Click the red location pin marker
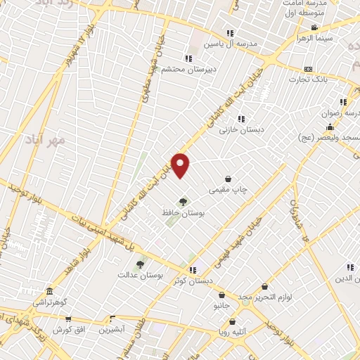[x=181, y=165]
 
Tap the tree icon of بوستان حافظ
[x=183, y=202]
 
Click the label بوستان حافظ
[x=183, y=212]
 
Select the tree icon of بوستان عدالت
[x=140, y=264]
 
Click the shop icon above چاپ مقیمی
[x=229, y=179]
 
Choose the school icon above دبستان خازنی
[x=242, y=118]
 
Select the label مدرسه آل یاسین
[x=231, y=44]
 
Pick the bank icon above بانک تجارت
[x=308, y=69]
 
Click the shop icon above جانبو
[x=222, y=295]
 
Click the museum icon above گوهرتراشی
[x=49, y=291]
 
